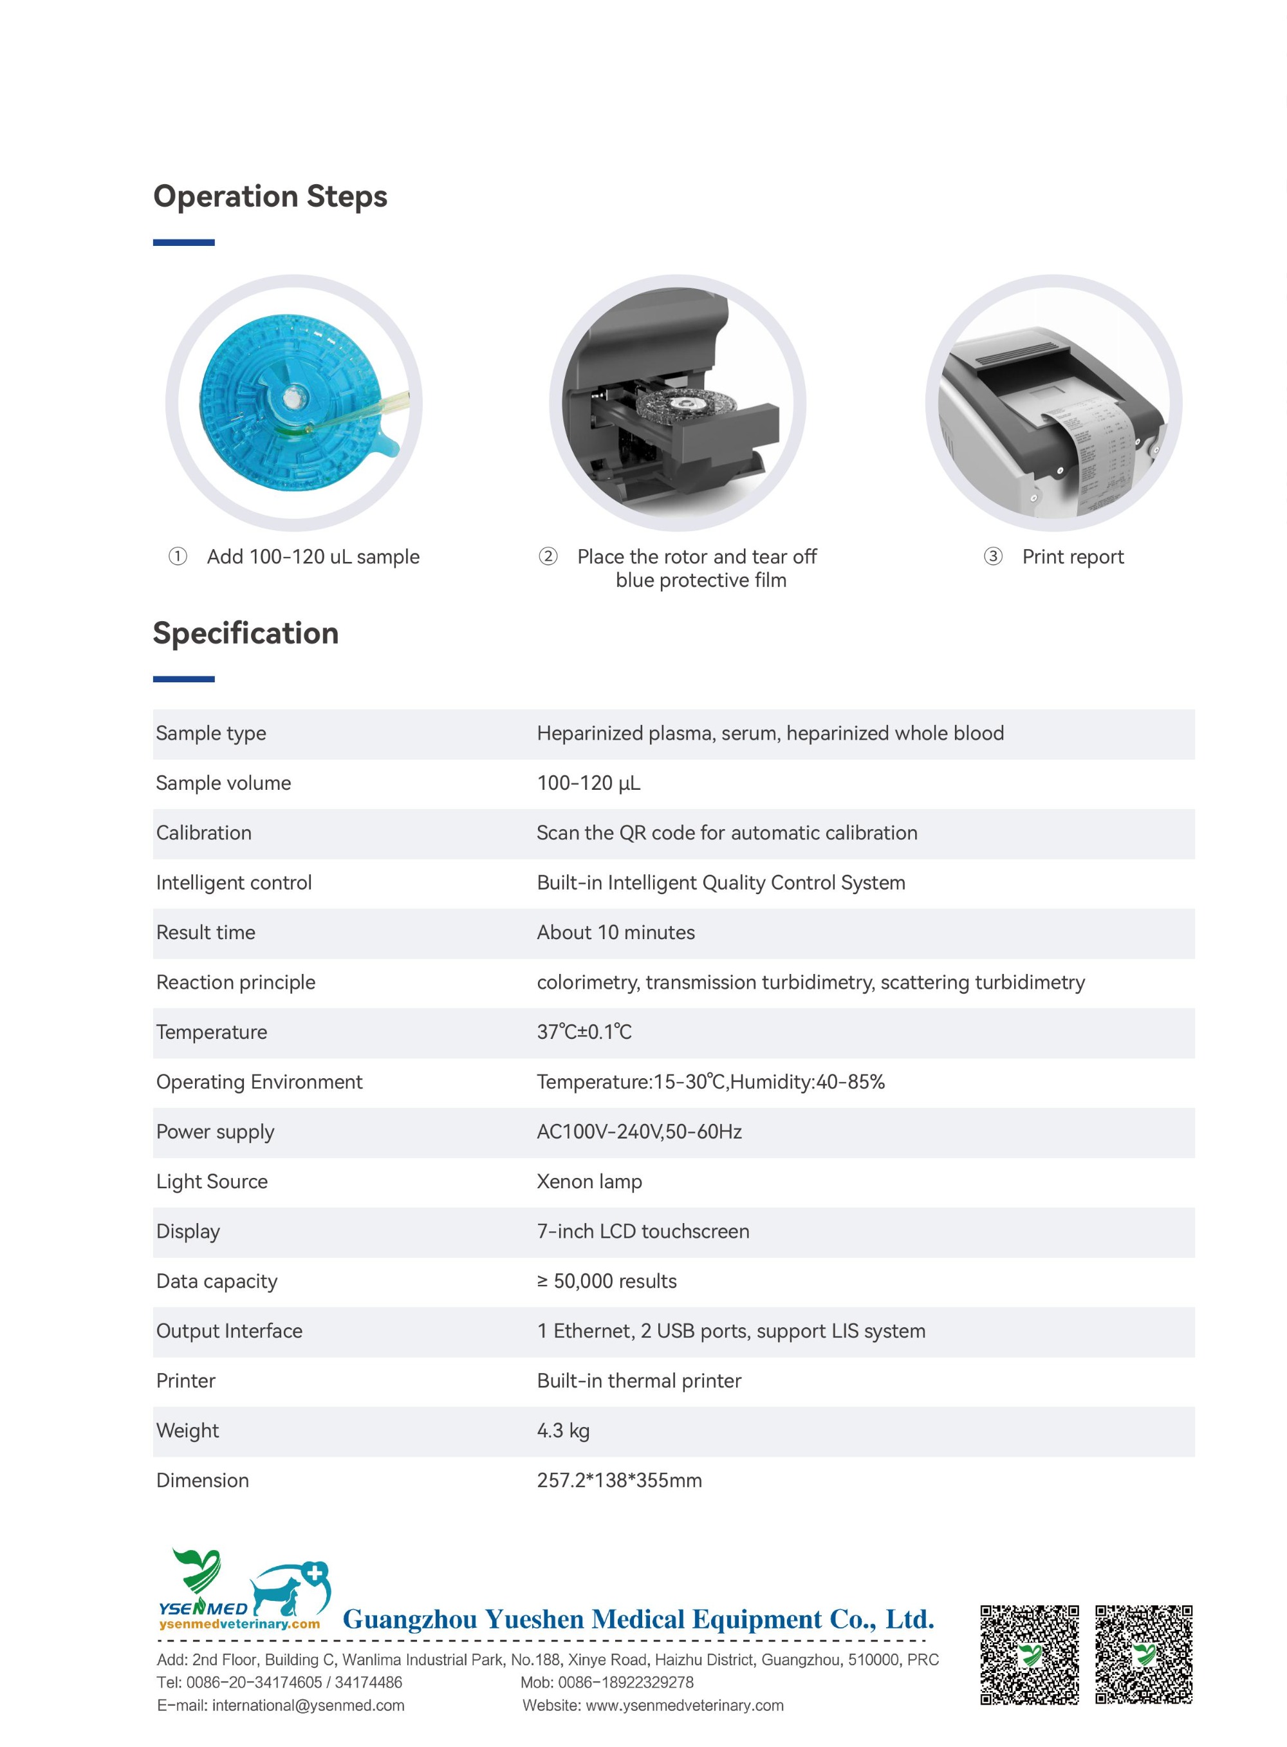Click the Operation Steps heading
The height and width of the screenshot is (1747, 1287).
click(270, 196)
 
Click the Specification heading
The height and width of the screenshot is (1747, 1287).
click(245, 633)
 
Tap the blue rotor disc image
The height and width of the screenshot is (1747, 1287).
click(292, 402)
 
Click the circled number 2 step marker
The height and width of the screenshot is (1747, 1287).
click(548, 556)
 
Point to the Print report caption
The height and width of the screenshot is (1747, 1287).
click(1072, 556)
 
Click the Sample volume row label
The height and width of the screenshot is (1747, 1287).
click(223, 783)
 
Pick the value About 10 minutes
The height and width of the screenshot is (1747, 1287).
click(615, 933)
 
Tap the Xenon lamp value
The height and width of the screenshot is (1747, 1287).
click(589, 1181)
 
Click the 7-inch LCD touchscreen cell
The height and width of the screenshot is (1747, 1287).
click(643, 1231)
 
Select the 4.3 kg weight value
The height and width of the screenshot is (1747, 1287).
click(562, 1431)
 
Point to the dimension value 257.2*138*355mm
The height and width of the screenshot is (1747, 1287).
click(619, 1481)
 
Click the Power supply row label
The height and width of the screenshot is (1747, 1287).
click(215, 1132)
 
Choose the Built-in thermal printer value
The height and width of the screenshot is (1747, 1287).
click(639, 1381)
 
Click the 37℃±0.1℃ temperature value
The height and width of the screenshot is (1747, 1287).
click(584, 1032)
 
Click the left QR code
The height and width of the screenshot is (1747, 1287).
click(1029, 1654)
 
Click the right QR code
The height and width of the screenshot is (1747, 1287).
click(1143, 1654)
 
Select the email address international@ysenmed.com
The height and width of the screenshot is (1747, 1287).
click(308, 1705)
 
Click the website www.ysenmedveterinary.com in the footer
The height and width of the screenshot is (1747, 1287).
click(684, 1705)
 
